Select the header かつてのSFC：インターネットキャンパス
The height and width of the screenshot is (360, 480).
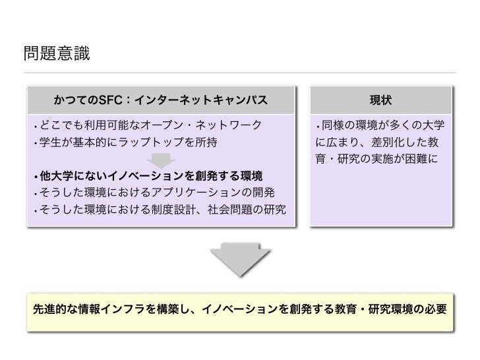point(162,100)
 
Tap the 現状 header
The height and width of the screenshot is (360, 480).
point(380,100)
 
